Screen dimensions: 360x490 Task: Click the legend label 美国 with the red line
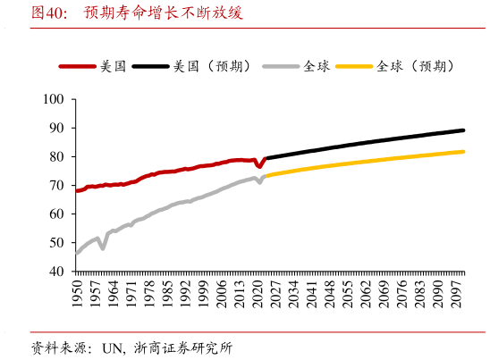coord(113,66)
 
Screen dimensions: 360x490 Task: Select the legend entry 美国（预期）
coord(213,66)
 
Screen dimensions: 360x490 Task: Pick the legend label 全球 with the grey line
coord(316,66)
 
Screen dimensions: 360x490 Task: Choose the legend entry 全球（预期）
coord(416,66)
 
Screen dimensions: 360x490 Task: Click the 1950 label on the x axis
coord(77,292)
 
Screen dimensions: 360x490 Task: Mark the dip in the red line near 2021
coord(259,167)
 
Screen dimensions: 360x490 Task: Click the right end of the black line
coord(464,130)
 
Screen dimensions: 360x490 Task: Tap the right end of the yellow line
coord(464,151)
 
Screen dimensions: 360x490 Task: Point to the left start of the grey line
coord(77,253)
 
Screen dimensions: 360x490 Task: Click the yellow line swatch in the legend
coord(355,66)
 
